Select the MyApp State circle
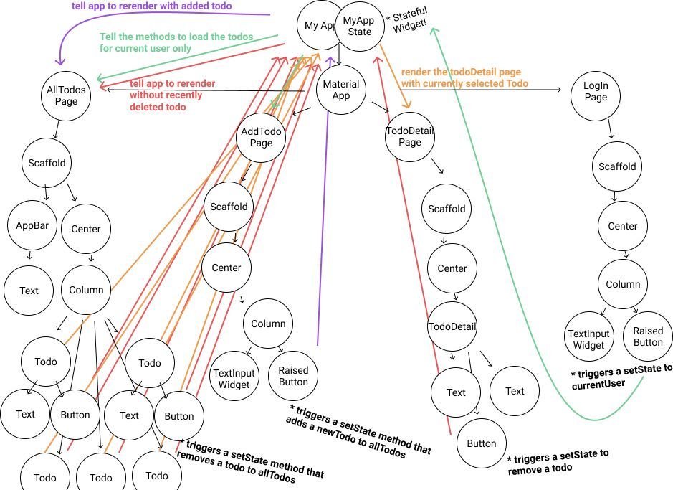click(x=359, y=26)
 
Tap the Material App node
click(x=341, y=90)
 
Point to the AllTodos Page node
click(x=66, y=95)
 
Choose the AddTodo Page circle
click(x=261, y=138)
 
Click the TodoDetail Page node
click(x=410, y=136)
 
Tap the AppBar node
click(x=32, y=225)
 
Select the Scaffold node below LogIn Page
click(x=617, y=166)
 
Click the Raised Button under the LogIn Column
click(x=648, y=336)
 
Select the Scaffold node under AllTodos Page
click(x=47, y=163)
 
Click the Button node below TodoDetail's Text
click(x=482, y=443)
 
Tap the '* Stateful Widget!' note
click(x=408, y=20)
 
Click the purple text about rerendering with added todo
click(x=151, y=6)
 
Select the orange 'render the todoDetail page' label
click(x=464, y=77)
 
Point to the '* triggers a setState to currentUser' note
click(x=621, y=377)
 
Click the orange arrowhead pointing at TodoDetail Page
click(x=406, y=103)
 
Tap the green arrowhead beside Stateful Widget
click(x=434, y=31)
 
